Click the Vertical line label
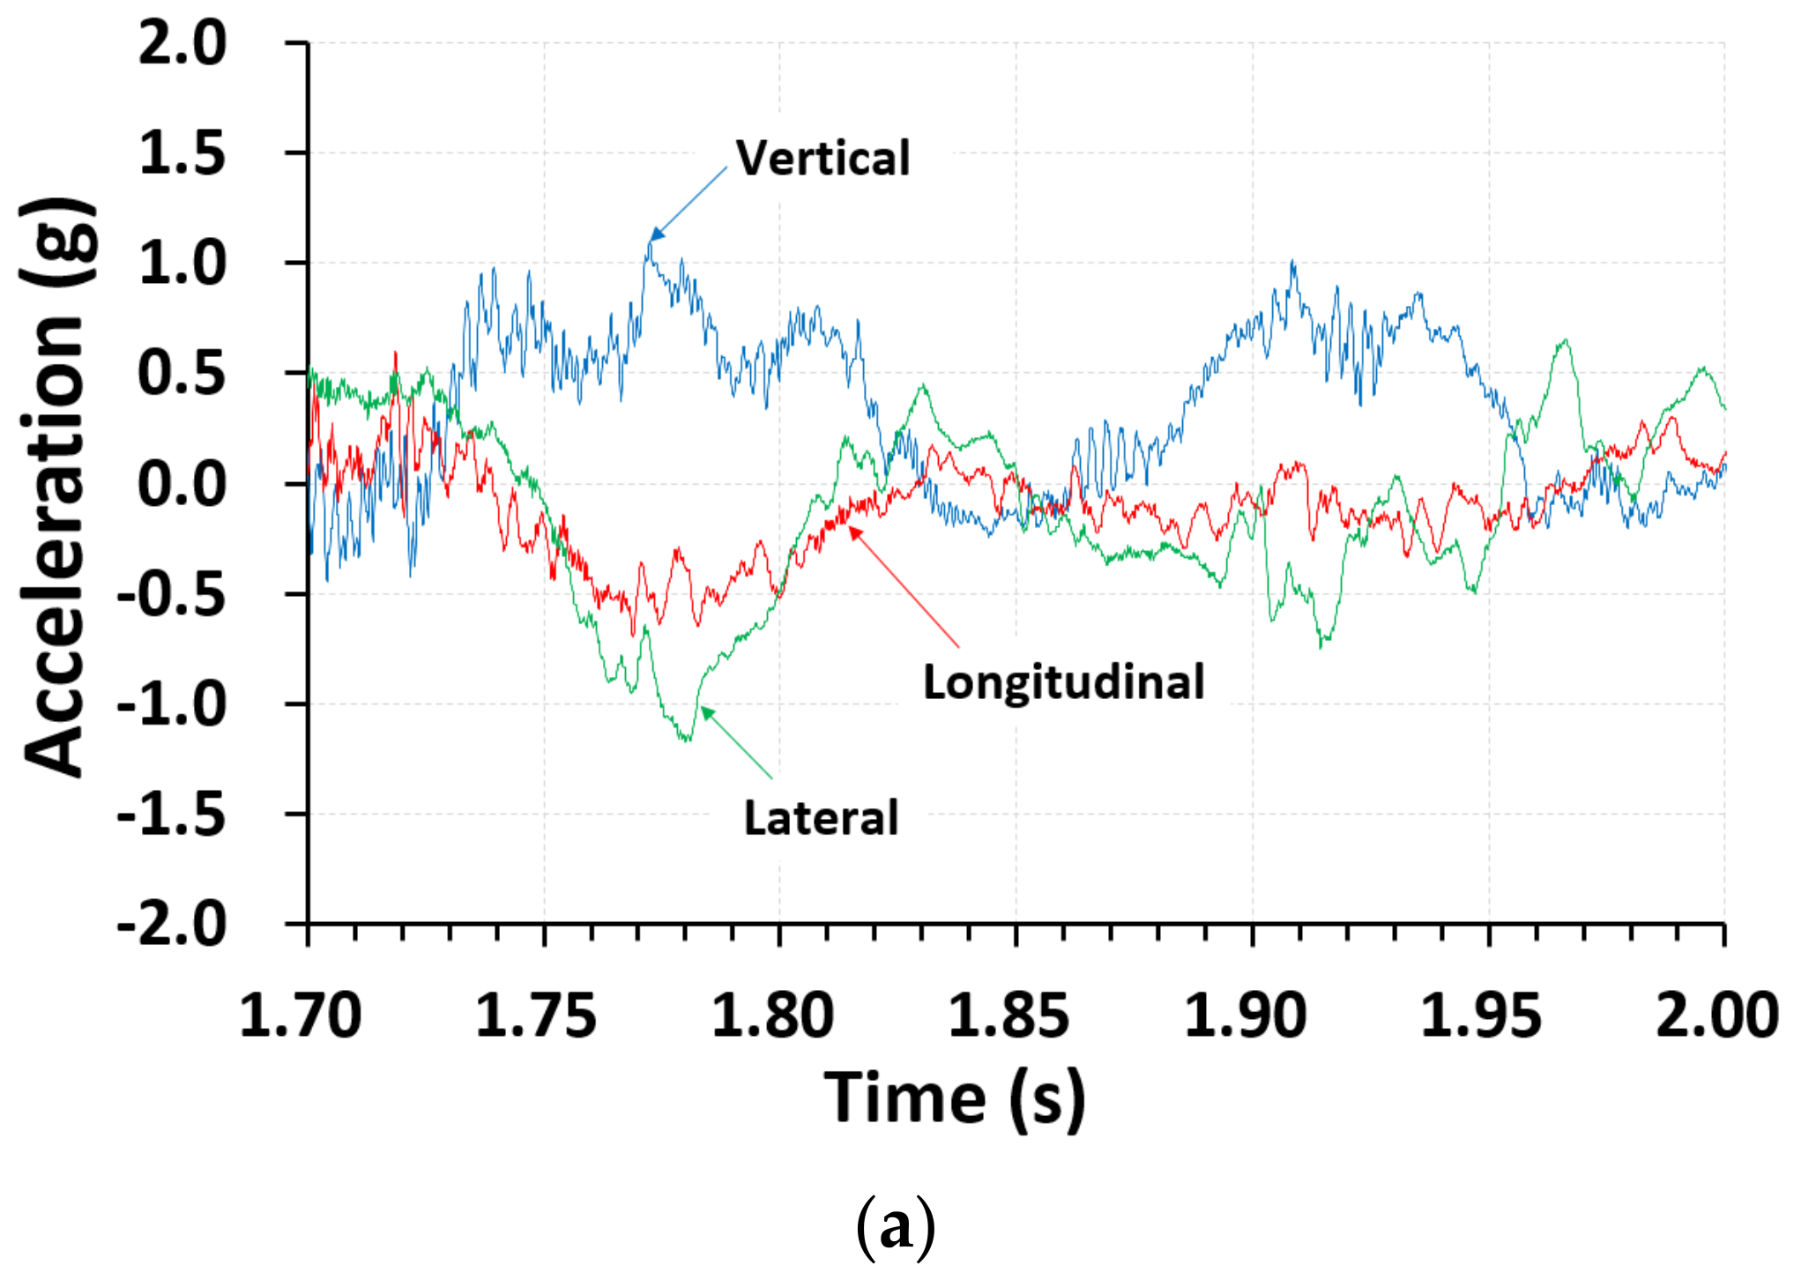pos(822,159)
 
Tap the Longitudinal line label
pos(1063,682)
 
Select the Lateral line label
pos(821,818)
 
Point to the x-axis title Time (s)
pos(955,1098)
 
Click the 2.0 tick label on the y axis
pos(182,43)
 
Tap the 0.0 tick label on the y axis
pos(182,484)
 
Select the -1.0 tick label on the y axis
pos(172,704)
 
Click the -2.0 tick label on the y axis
pos(172,925)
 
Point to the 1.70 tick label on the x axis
pos(301,1016)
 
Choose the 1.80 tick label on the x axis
pos(772,1016)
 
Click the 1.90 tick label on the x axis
pos(1245,1016)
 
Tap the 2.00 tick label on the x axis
pos(1716,1016)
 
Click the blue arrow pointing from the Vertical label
pos(689,203)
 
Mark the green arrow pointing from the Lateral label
pos(737,743)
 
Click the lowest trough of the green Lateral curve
pos(687,740)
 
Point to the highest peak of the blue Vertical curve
pos(650,242)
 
